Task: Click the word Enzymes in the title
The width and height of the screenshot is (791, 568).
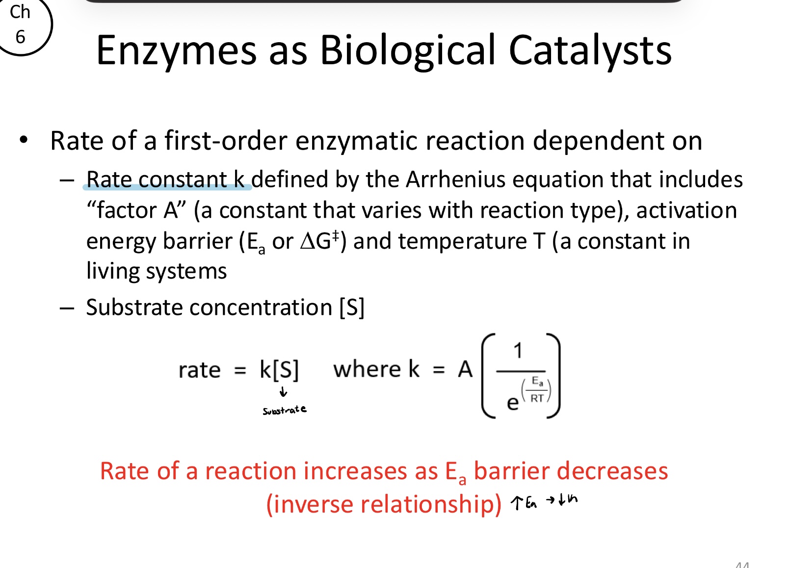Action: coord(176,51)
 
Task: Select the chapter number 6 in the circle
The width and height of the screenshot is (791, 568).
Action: coord(20,37)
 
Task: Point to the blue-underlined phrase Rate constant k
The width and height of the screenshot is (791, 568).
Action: coord(165,180)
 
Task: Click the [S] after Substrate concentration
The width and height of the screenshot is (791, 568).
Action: coord(351,308)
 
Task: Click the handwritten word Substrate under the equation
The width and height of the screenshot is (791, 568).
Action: coord(284,410)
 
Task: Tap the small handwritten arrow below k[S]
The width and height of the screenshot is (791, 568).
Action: coord(283,392)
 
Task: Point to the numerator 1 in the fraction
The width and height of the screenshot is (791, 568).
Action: coord(518,351)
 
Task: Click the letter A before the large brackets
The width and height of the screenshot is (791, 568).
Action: coord(465,369)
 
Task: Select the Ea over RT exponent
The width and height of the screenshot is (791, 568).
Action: coord(537,390)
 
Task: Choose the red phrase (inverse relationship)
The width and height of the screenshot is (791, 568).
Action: coord(383,504)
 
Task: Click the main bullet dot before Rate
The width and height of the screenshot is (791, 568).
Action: coord(24,140)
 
